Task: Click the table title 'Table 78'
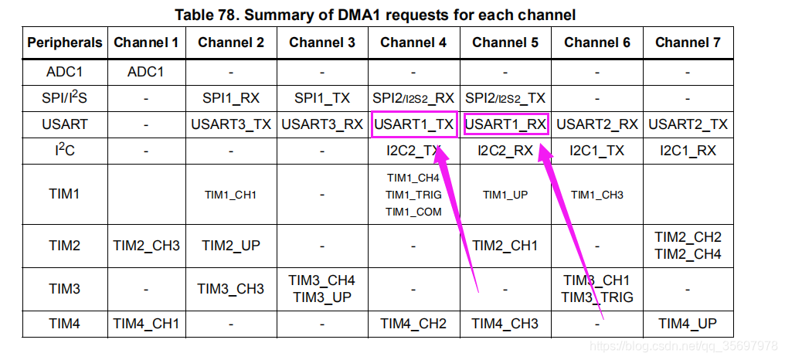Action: (375, 15)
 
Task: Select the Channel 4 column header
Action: (413, 42)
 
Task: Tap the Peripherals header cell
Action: (65, 42)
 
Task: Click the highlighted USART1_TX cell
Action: (413, 124)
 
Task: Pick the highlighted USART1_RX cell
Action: (505, 124)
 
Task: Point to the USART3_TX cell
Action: (230, 124)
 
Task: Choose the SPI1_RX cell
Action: (230, 98)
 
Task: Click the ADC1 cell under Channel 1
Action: (146, 72)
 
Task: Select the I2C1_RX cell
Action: (688, 151)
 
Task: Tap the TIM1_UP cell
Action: (505, 195)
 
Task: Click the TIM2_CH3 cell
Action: (146, 246)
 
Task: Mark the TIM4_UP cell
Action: (688, 324)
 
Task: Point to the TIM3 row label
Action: (65, 288)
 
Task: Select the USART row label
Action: (65, 124)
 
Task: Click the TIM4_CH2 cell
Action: (413, 324)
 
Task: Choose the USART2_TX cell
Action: (688, 124)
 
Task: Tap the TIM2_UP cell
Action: (230, 246)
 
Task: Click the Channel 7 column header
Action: (688, 42)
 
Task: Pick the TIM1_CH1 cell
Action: (230, 195)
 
